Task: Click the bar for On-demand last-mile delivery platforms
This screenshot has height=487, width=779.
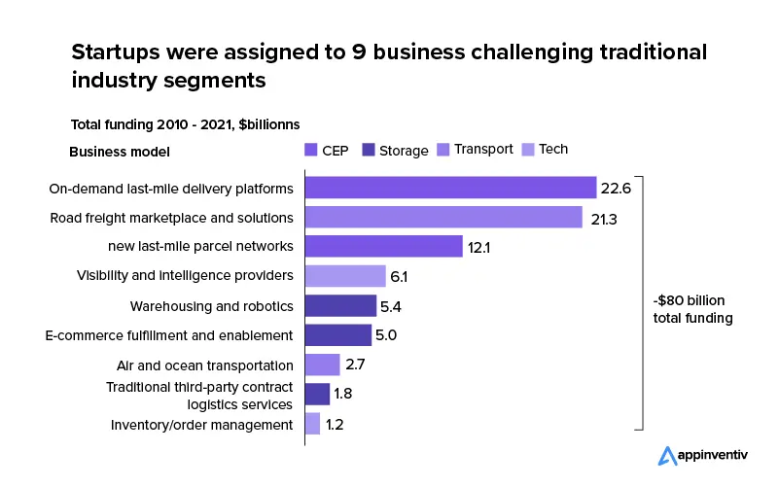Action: point(450,188)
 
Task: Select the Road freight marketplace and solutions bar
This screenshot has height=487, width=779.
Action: point(443,217)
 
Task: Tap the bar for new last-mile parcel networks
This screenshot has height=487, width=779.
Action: point(383,247)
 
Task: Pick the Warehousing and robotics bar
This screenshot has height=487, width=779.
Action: point(340,306)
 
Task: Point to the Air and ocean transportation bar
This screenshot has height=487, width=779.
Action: point(322,365)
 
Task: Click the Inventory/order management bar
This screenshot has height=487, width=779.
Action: point(312,424)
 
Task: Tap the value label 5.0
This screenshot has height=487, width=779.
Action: point(386,336)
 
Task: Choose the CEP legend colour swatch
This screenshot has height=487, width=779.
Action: point(311,150)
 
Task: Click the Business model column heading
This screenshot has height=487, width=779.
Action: point(120,151)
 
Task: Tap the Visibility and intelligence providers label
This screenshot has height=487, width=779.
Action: point(185,276)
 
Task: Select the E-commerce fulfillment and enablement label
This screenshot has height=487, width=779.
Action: point(169,335)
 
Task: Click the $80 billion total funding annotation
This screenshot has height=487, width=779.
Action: point(692,309)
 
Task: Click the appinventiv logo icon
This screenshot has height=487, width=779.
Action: point(667,455)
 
